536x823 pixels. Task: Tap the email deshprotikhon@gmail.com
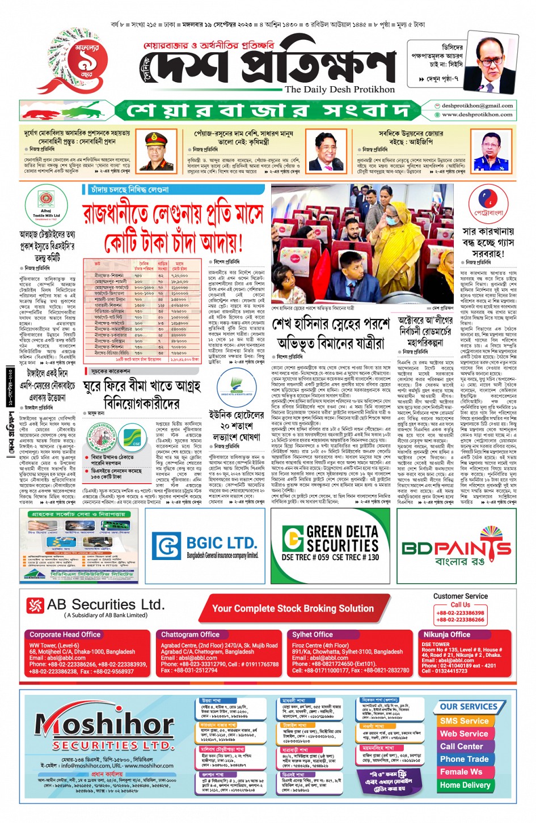pyautogui.click(x=477, y=105)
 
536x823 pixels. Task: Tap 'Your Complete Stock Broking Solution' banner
pyautogui.click(x=293, y=608)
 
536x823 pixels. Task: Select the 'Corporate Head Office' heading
pyautogui.click(x=65, y=634)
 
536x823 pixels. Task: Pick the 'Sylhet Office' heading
pyautogui.click(x=313, y=634)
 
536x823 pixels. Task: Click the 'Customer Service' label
pyautogui.click(x=460, y=596)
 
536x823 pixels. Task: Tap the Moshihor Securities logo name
pyautogui.click(x=104, y=726)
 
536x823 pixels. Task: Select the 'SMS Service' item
pyautogui.click(x=463, y=720)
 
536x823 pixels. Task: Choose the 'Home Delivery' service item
pyautogui.click(x=465, y=785)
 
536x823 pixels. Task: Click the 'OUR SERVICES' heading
pyautogui.click(x=468, y=707)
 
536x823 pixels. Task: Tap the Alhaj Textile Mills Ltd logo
pyautogui.click(x=46, y=210)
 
